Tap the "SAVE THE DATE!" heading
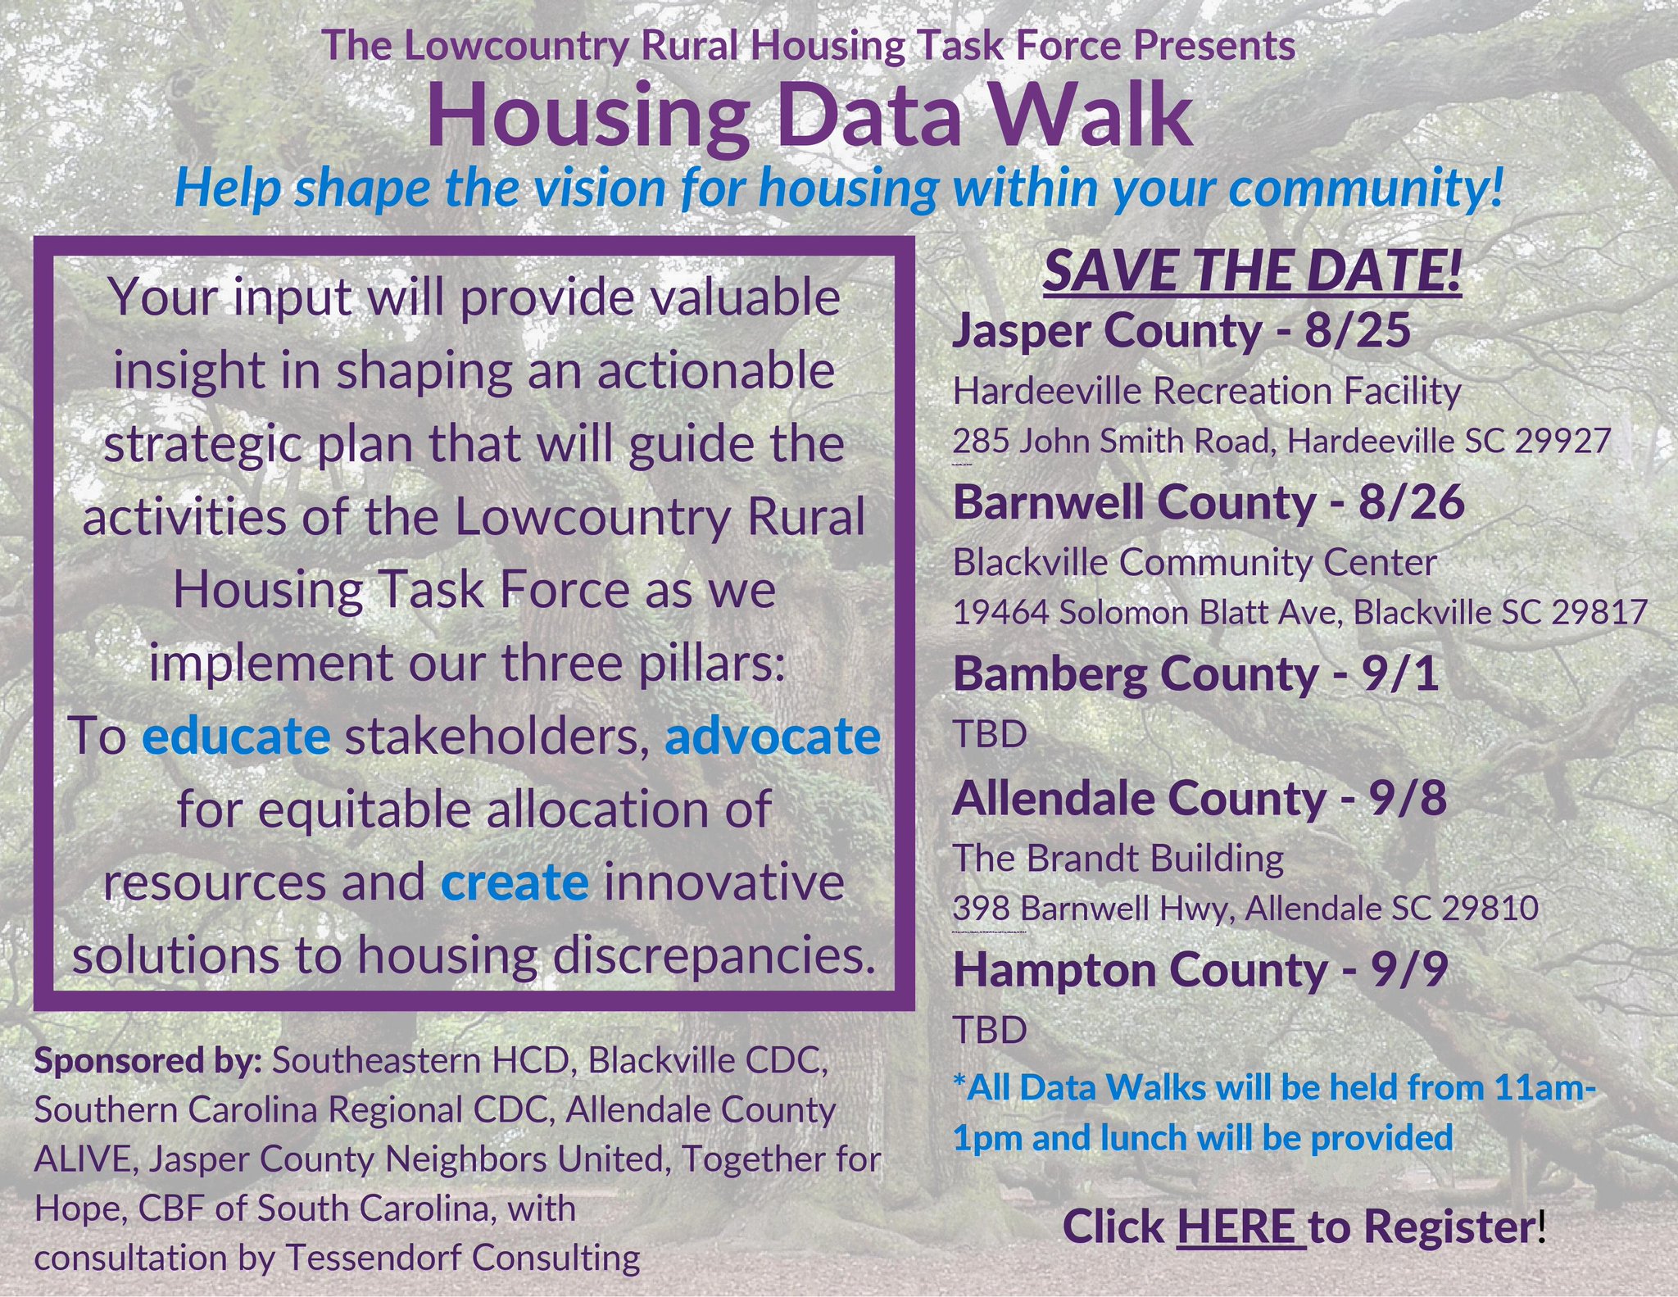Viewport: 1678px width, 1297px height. (x=1251, y=271)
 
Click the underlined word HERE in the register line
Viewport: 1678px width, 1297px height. (x=1240, y=1227)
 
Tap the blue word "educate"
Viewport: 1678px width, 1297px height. (x=236, y=737)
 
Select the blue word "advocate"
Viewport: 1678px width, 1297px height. (x=773, y=737)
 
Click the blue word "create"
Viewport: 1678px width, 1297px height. (x=515, y=882)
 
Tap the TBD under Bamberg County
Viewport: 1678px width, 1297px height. (x=990, y=735)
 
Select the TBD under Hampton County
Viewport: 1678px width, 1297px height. (x=990, y=1030)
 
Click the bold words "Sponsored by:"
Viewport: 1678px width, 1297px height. (x=148, y=1061)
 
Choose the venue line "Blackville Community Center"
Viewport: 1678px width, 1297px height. (x=1195, y=563)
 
